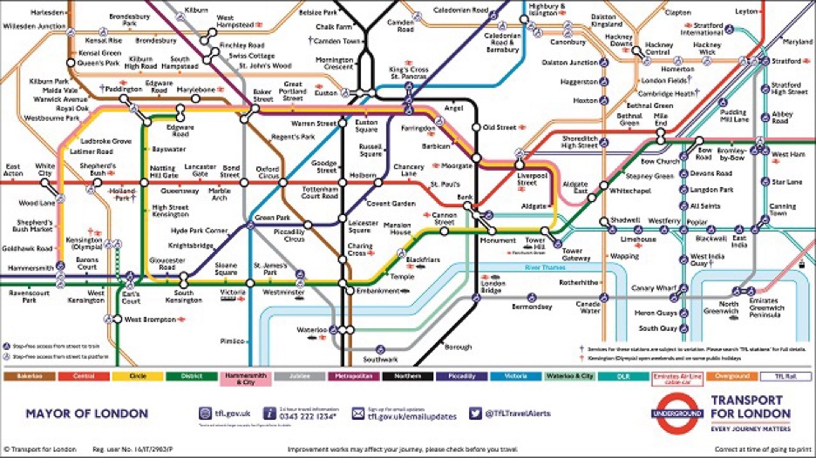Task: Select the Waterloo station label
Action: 309,330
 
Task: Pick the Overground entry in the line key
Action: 731,376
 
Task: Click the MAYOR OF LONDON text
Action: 74,413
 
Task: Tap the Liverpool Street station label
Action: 531,178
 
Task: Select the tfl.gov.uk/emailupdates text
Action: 406,416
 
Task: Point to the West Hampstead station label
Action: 236,21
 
